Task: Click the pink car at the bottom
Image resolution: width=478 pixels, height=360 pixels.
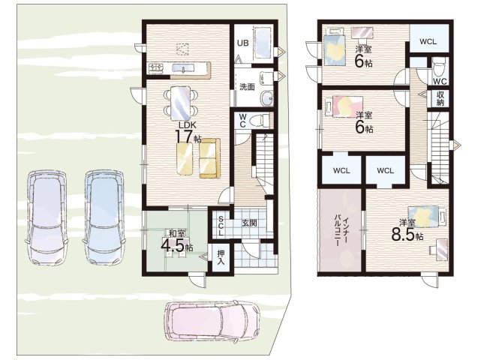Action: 212,322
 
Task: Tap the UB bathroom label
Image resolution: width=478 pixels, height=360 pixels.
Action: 243,43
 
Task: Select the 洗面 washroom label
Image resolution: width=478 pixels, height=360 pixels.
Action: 247,87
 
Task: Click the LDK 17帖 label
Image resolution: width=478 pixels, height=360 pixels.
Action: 187,132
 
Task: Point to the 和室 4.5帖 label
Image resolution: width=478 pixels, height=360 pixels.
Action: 177,241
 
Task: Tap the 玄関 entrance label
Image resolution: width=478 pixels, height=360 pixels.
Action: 249,223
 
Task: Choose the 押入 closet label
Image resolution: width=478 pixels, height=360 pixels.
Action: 221,257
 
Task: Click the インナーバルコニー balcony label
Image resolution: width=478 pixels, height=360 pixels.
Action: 341,230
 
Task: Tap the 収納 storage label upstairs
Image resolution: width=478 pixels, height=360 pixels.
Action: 440,98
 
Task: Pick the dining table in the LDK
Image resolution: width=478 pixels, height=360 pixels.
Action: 180,103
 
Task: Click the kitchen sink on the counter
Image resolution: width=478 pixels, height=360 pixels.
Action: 184,68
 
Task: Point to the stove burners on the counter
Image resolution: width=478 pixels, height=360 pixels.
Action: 156,67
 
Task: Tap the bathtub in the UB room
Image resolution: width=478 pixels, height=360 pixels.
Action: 263,43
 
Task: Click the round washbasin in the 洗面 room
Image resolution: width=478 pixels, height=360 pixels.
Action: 266,98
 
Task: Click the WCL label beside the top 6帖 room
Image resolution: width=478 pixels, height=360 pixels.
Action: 428,42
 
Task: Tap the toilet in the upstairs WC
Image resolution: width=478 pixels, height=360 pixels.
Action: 439,68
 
